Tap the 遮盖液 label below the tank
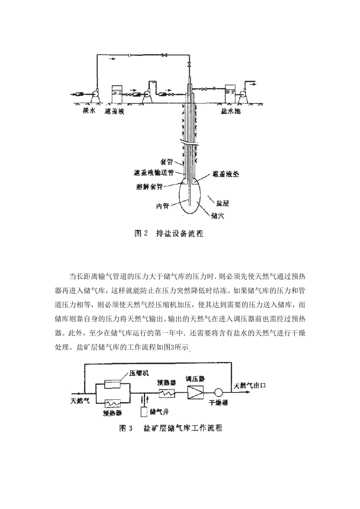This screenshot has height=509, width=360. [115, 112]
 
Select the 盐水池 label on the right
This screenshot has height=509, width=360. [231, 112]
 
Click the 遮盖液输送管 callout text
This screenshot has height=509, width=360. [154, 172]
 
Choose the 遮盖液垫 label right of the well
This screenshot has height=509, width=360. [225, 175]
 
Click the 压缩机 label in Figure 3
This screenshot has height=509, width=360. [138, 373]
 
